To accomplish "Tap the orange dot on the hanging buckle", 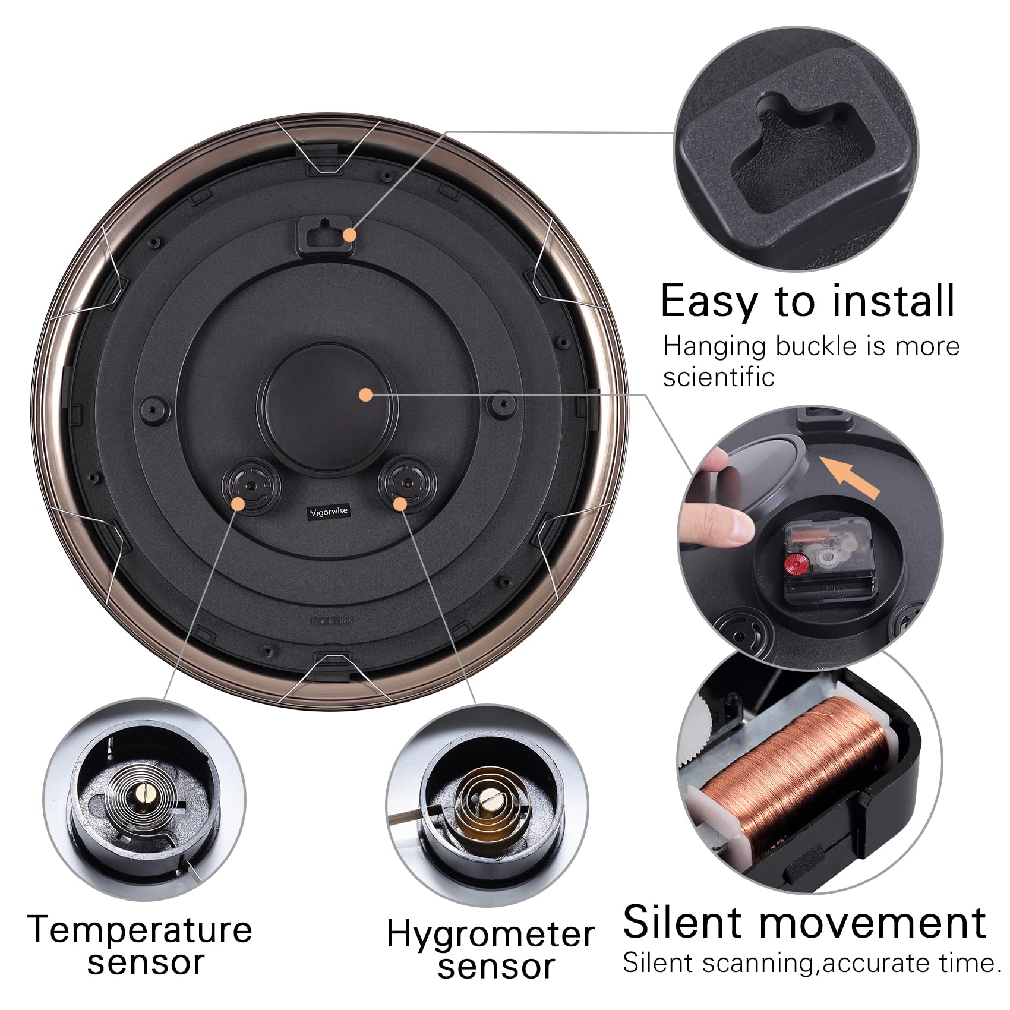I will point(350,235).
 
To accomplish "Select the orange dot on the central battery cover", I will point(366,394).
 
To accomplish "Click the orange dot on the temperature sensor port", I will point(238,504).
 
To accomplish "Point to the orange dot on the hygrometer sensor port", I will point(400,504).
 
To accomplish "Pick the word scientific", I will point(719,377).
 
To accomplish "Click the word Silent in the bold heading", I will point(683,923).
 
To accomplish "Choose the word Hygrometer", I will point(490,936).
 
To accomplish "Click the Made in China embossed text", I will point(332,621).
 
